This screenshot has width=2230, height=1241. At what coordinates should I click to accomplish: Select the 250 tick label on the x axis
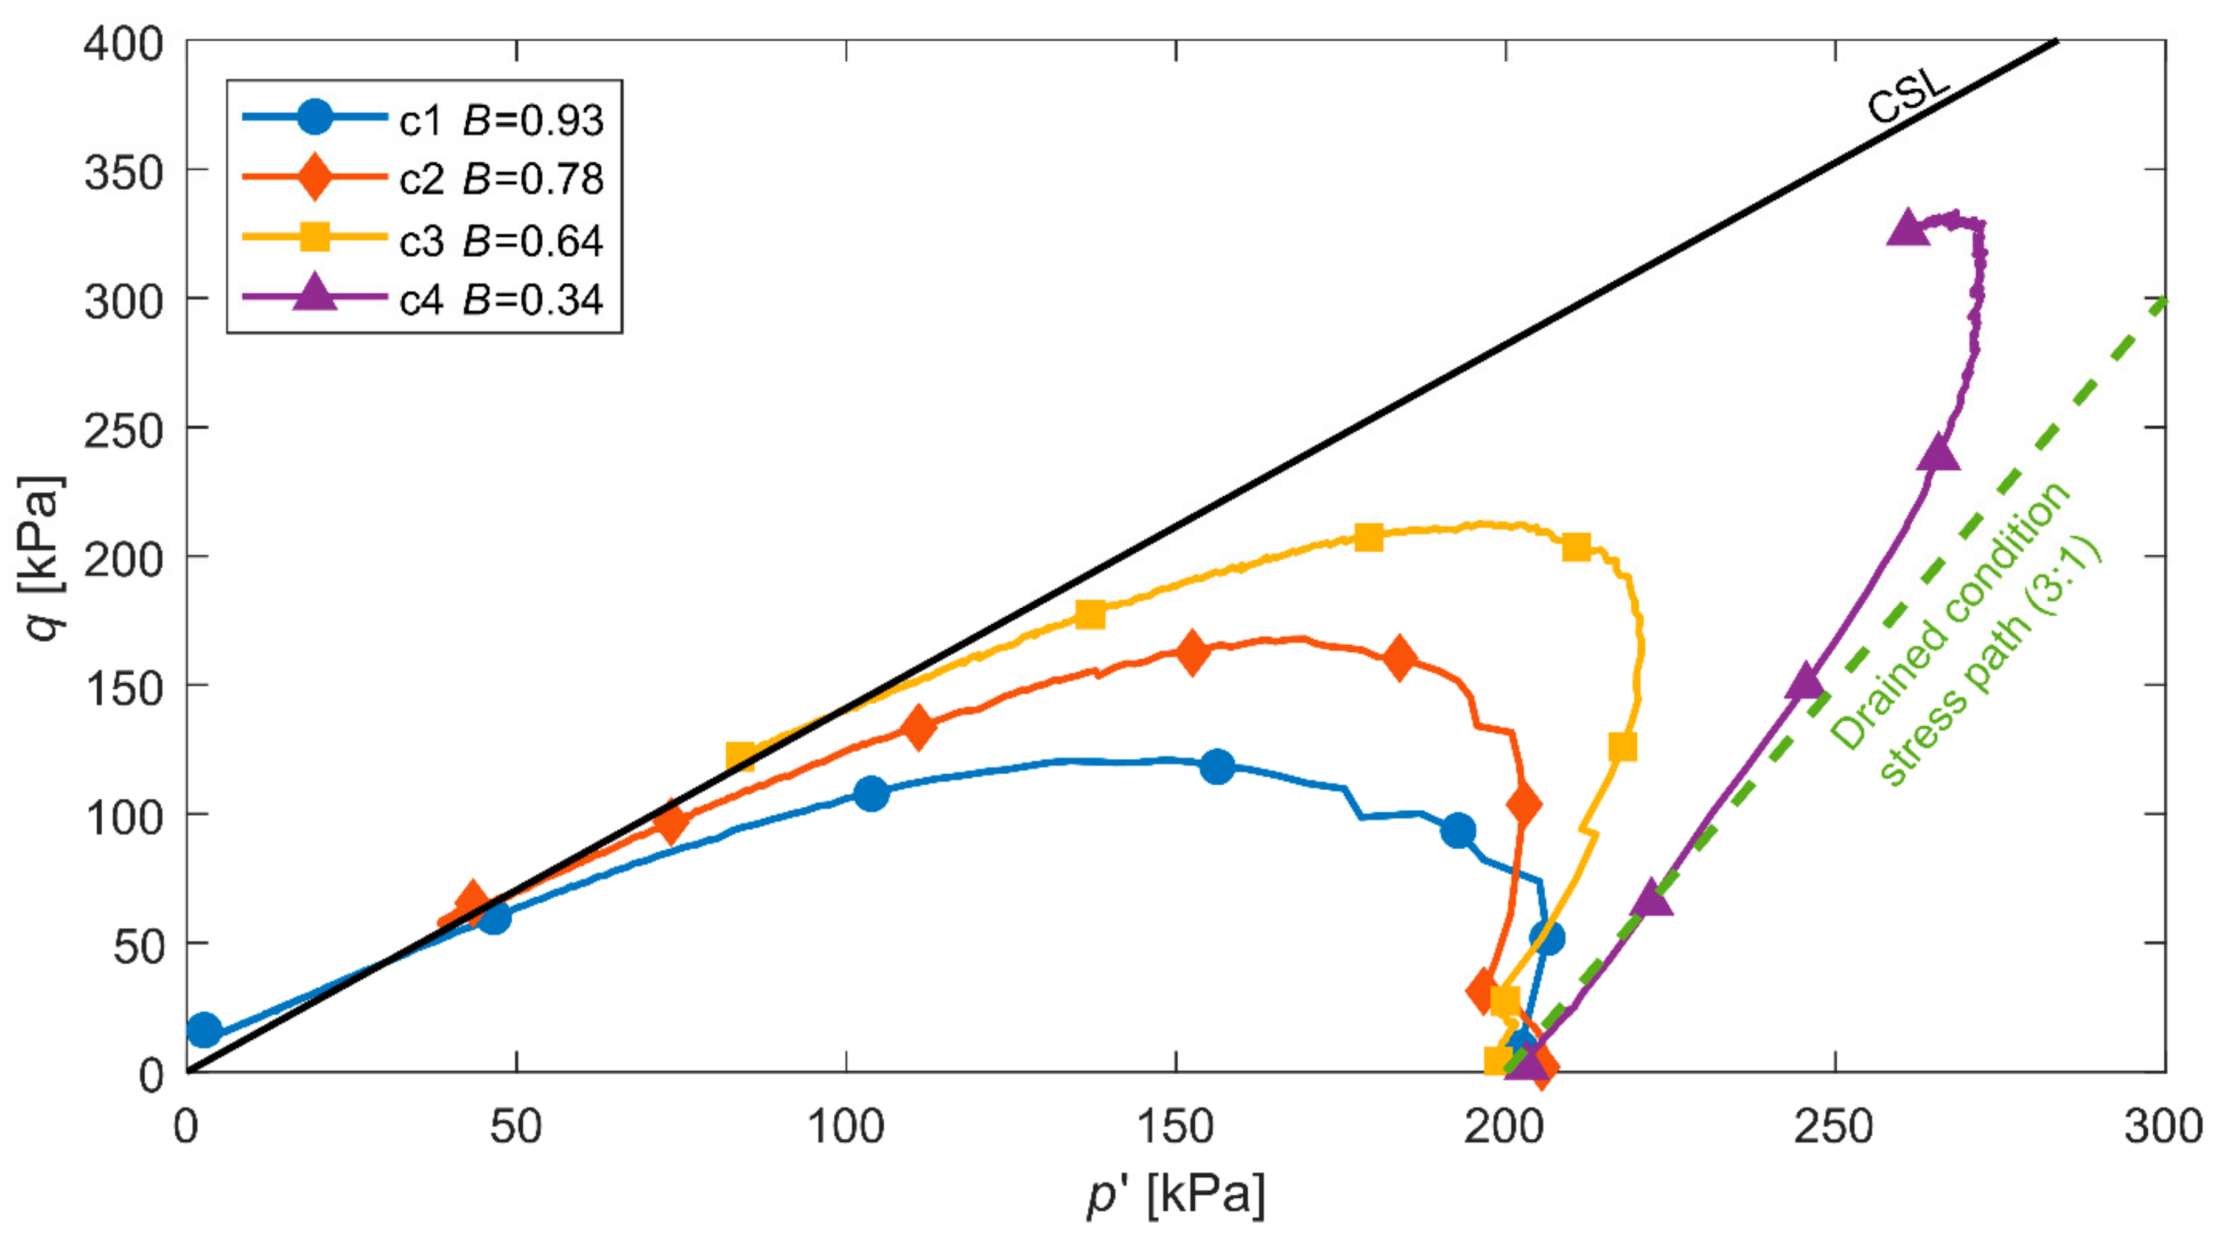click(1834, 1127)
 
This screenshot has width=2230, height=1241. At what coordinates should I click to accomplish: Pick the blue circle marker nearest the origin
click(204, 1030)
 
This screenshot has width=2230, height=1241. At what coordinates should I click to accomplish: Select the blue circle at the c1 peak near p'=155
click(1217, 766)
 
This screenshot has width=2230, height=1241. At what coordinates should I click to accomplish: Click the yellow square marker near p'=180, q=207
click(1368, 537)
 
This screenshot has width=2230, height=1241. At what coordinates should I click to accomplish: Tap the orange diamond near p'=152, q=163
click(1192, 653)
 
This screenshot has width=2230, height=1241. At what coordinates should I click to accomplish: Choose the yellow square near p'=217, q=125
click(1623, 746)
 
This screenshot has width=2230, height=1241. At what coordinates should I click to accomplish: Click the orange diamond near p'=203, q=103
click(1523, 805)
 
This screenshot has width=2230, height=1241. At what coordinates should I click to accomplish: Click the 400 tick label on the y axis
click(123, 43)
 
